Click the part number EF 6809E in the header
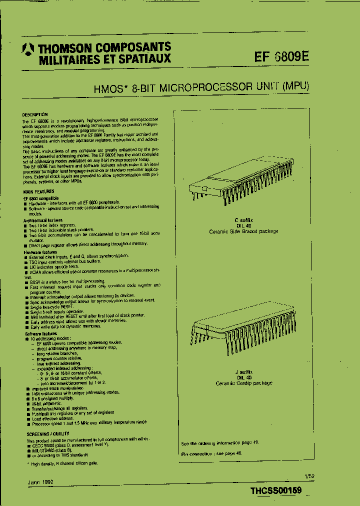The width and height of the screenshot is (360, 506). tap(282, 56)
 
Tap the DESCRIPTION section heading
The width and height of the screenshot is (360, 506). tap(35, 114)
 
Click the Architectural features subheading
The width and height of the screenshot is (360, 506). tap(43, 220)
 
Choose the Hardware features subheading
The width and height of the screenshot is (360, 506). tap(40, 253)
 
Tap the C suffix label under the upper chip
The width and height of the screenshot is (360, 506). tap(244, 220)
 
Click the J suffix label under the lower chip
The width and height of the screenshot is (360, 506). tap(244, 372)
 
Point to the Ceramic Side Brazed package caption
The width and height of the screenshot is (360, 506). tap(244, 231)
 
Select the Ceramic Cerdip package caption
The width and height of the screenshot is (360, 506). tap(244, 383)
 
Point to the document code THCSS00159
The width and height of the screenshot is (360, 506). tap(276, 491)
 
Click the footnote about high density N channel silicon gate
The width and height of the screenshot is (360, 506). tap(62, 463)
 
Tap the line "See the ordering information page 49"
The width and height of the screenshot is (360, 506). tap(219, 443)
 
